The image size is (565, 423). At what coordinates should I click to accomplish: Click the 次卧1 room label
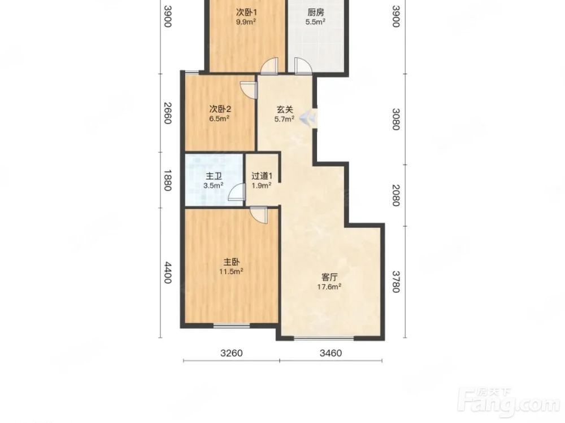(x=246, y=12)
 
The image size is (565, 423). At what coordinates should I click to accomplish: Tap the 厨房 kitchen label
(x=316, y=12)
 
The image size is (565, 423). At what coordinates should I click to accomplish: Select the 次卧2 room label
(x=220, y=109)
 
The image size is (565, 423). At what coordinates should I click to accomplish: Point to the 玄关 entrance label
(x=285, y=109)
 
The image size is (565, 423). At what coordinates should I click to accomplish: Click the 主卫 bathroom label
(x=214, y=176)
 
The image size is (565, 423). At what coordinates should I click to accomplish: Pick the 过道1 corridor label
(x=262, y=176)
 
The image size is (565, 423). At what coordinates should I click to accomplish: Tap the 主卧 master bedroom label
(x=231, y=262)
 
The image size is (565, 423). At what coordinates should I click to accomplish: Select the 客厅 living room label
(x=329, y=277)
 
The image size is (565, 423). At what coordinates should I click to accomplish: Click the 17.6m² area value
(x=329, y=287)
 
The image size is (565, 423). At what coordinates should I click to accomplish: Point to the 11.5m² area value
(x=231, y=271)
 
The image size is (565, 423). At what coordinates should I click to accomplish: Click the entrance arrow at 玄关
(x=307, y=117)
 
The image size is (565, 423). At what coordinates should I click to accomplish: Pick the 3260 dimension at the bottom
(x=231, y=353)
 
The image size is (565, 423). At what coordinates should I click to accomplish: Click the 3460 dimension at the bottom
(x=331, y=353)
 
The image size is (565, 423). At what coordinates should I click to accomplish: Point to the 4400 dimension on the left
(x=168, y=272)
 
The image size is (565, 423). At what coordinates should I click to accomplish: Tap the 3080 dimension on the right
(x=396, y=119)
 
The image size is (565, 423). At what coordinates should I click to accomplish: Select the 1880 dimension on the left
(x=168, y=180)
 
